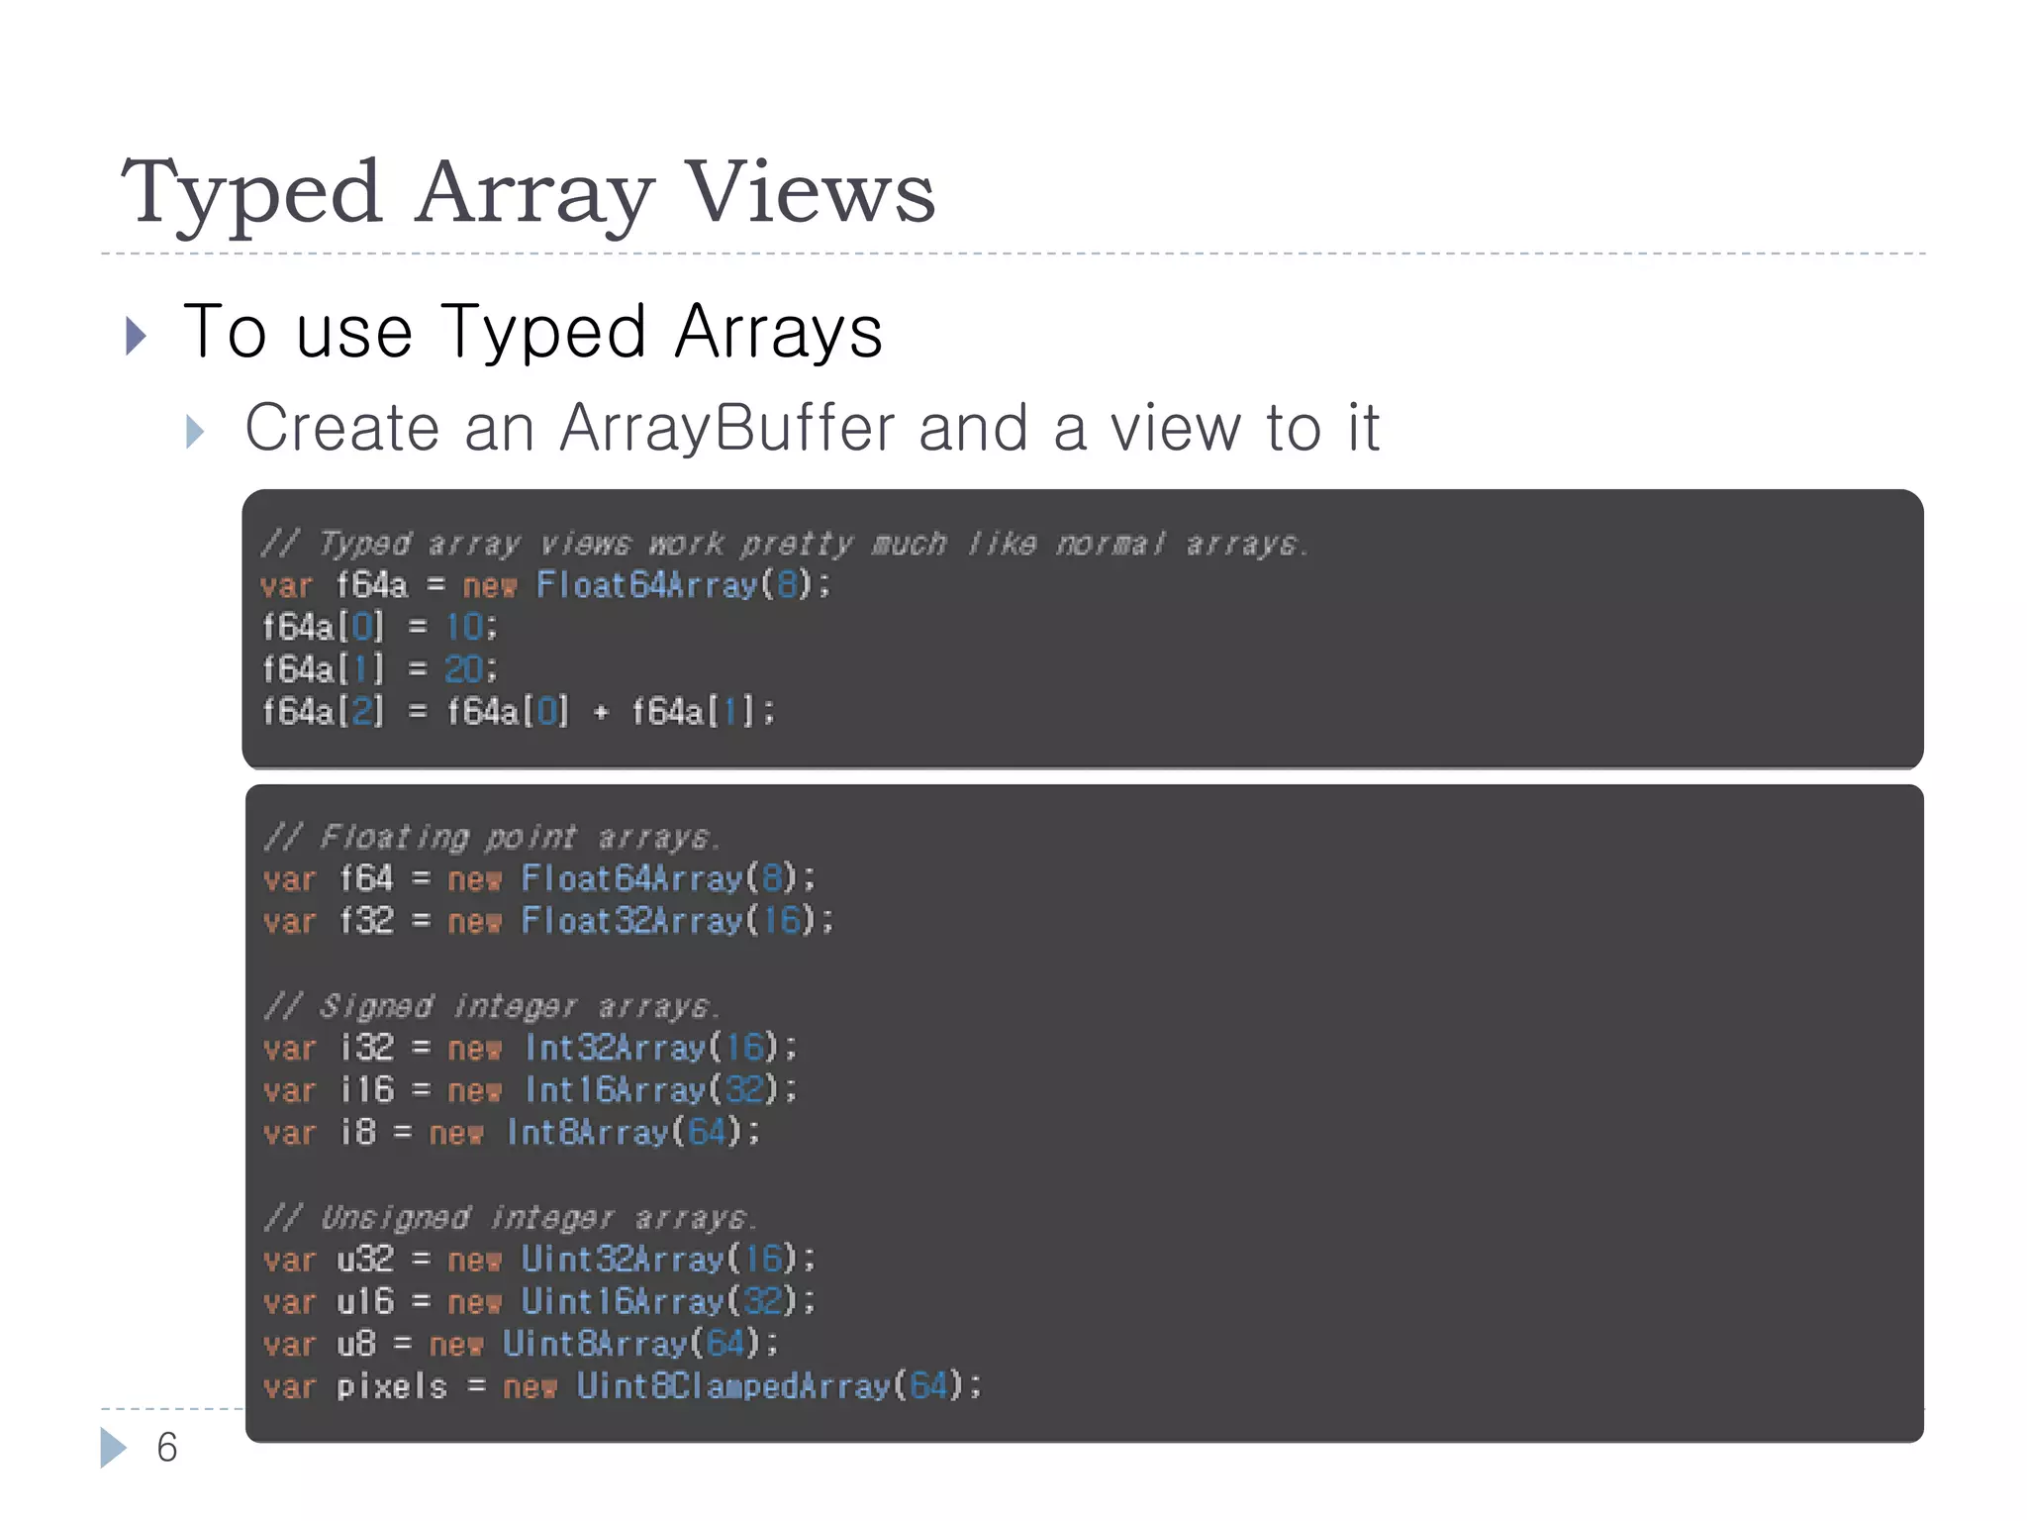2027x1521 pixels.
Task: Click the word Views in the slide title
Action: coord(811,192)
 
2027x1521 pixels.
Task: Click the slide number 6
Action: coord(167,1448)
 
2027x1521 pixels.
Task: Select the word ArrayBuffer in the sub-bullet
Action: coord(727,428)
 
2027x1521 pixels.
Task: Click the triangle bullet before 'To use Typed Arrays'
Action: coord(137,336)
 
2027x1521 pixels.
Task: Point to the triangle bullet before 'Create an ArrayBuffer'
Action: coord(195,432)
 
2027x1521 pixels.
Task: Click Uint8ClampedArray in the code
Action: coord(733,1386)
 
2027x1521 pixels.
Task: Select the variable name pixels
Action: coord(392,1386)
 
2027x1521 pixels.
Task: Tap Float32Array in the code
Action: coord(631,921)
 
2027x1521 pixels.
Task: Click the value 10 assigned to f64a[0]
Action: coord(464,627)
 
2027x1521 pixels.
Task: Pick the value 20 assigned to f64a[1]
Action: coord(464,669)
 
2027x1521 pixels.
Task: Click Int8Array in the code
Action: coord(588,1132)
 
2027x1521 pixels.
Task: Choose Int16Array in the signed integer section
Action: coord(616,1090)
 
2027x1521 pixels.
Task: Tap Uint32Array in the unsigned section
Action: coord(623,1260)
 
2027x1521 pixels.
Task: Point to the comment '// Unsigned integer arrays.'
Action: coord(510,1217)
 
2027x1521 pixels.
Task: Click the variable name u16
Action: coord(365,1301)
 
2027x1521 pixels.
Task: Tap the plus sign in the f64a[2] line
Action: coord(600,712)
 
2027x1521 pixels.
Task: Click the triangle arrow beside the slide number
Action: coord(113,1448)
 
